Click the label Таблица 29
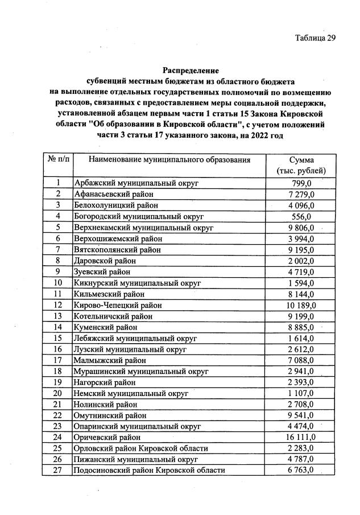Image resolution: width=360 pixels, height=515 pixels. pyautogui.click(x=315, y=38)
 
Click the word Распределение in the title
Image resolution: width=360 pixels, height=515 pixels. pyautogui.click(x=191, y=71)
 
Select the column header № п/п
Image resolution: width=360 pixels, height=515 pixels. pyautogui.click(x=58, y=160)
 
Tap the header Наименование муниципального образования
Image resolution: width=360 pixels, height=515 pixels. pyautogui.click(x=169, y=160)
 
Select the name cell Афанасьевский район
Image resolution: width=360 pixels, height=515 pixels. pyautogui.click(x=113, y=194)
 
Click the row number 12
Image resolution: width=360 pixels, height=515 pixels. pyautogui.click(x=58, y=305)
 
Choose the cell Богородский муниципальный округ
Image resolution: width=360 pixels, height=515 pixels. pyautogui.click(x=139, y=216)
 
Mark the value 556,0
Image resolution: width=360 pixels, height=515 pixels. pyautogui.click(x=301, y=216)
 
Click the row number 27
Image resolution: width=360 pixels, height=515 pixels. pyautogui.click(x=58, y=471)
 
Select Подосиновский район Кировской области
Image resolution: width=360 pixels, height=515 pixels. pyautogui.click(x=150, y=471)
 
